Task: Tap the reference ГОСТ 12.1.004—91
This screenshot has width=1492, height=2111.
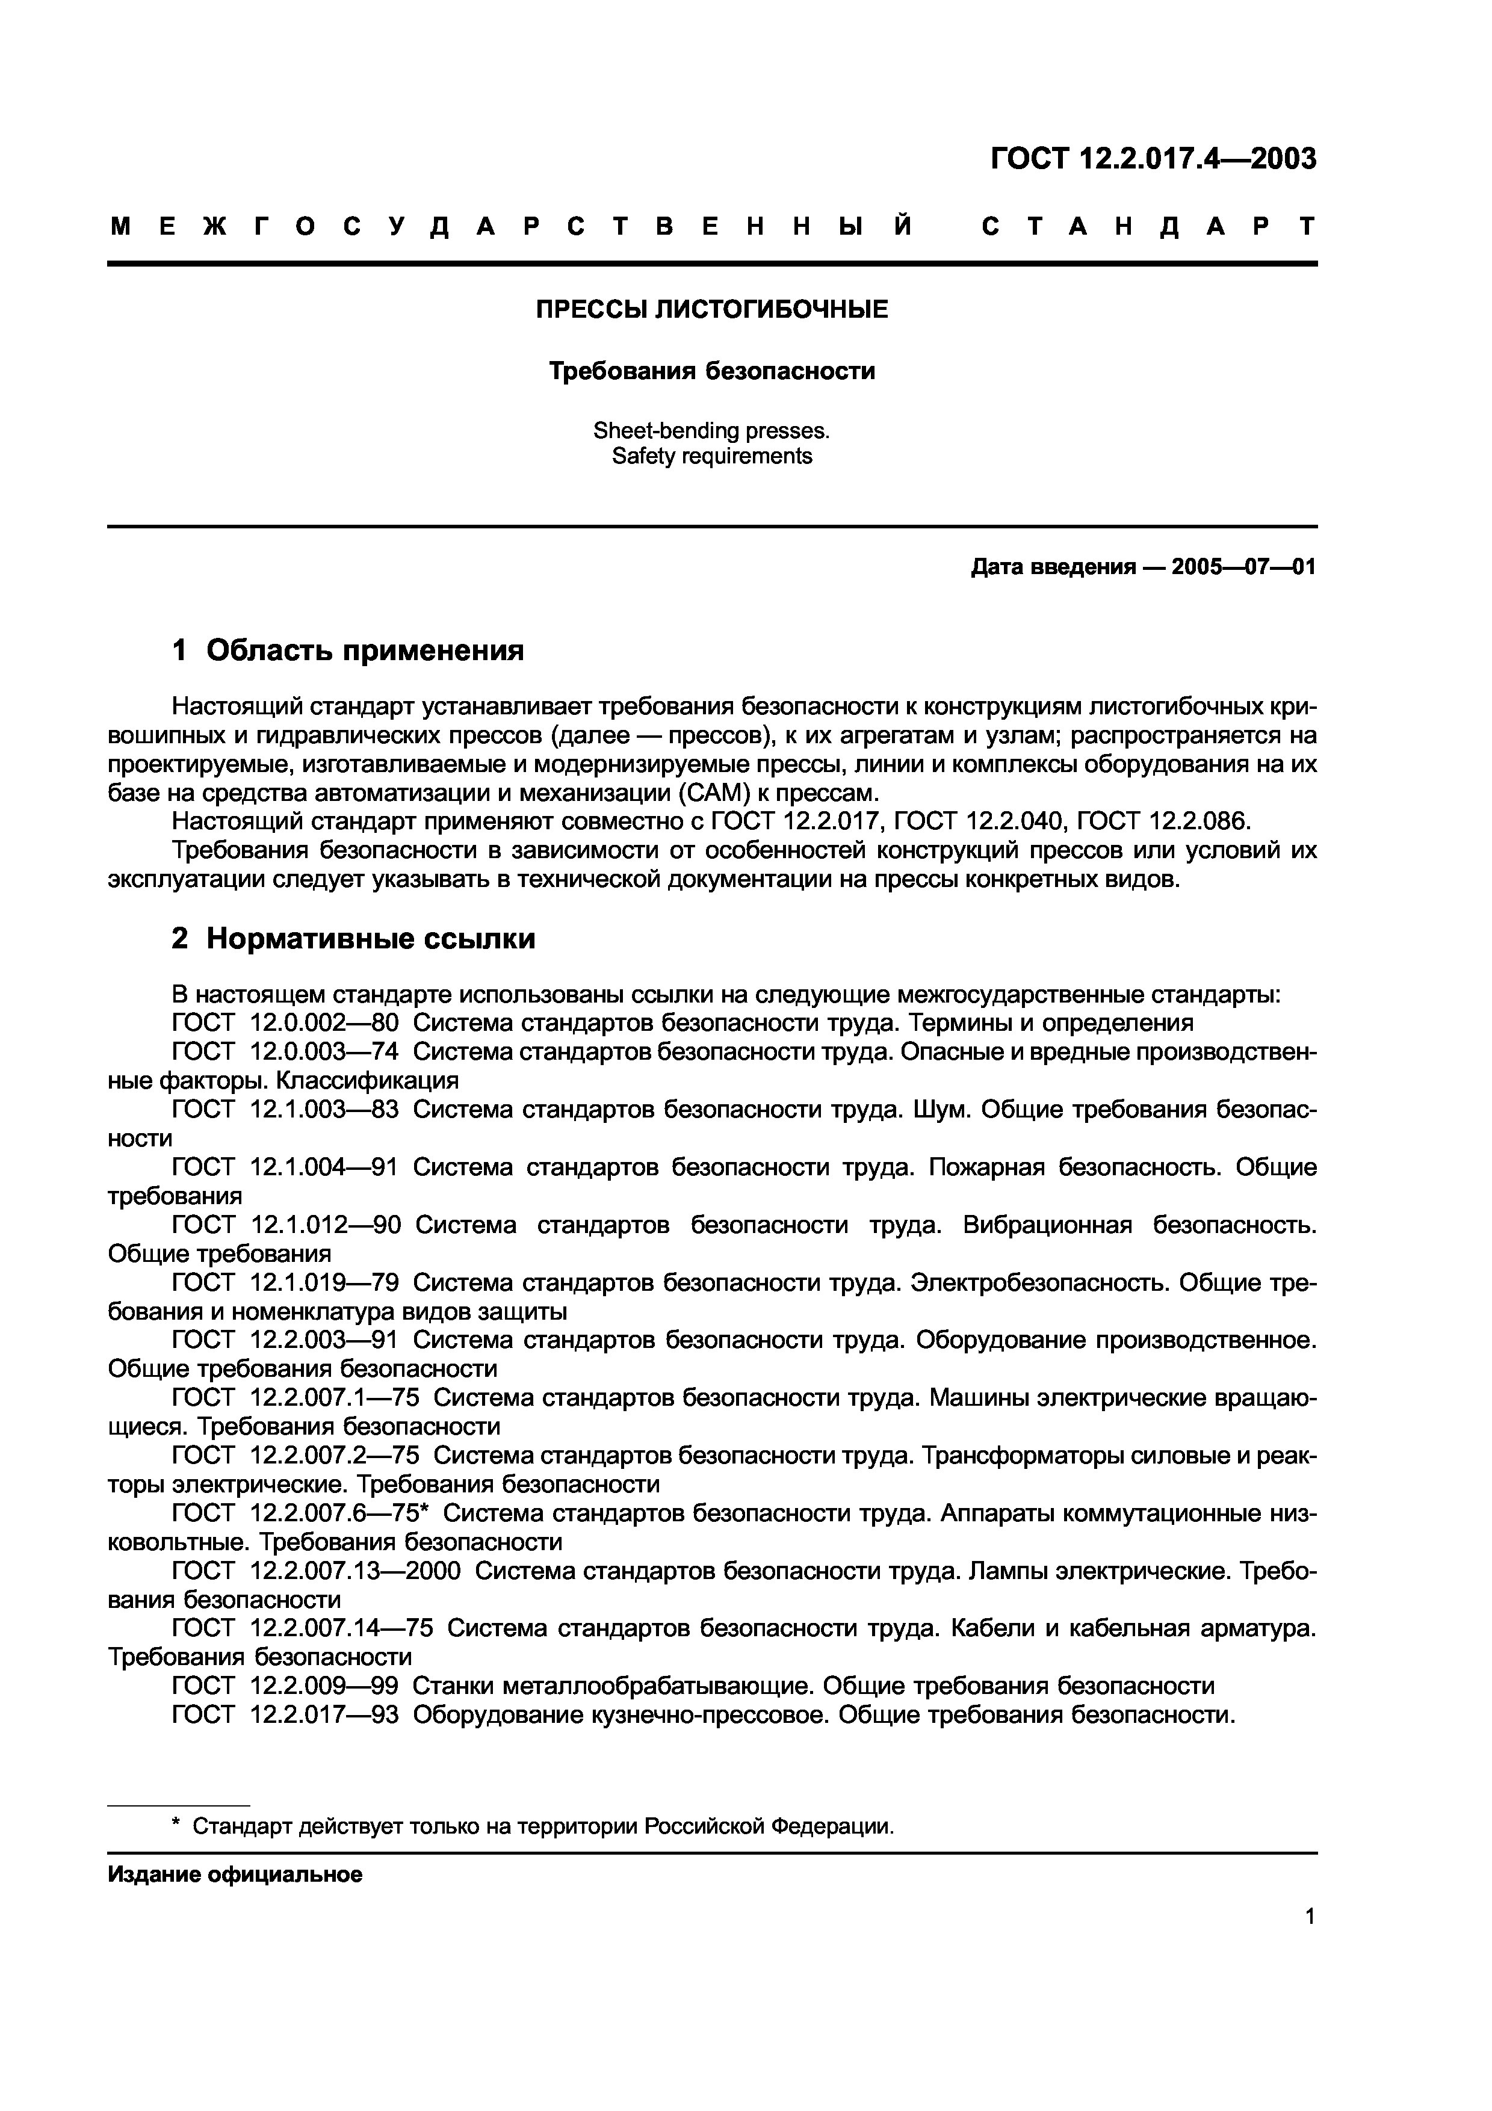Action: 286,1167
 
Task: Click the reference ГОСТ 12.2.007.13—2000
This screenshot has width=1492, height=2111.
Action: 316,1571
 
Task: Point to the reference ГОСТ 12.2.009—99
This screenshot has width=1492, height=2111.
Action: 286,1686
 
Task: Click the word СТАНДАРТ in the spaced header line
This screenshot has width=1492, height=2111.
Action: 1149,226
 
